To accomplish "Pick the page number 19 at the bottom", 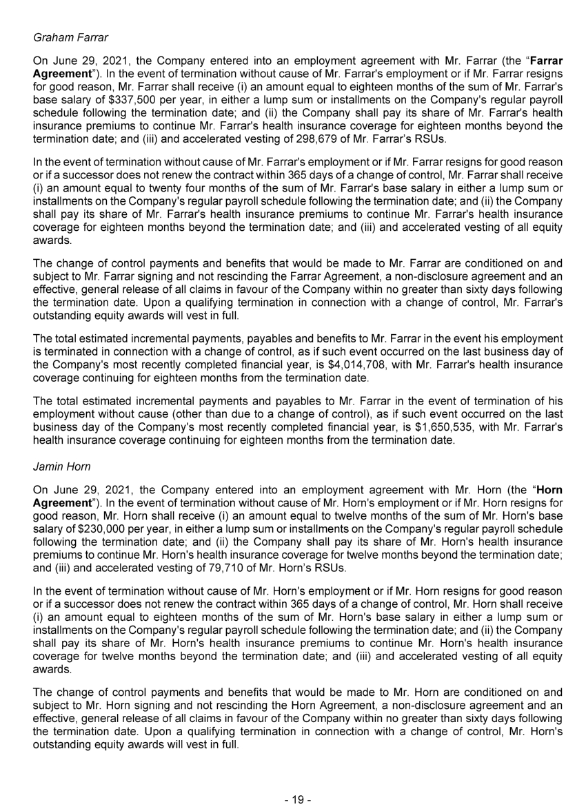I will coord(293,799).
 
